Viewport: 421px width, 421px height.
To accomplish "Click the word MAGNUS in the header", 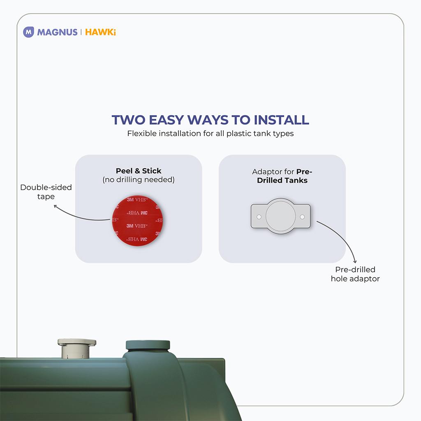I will [x=57, y=32].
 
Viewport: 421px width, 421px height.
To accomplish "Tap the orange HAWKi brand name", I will [x=100, y=32].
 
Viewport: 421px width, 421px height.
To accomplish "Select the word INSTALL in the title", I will [x=281, y=120].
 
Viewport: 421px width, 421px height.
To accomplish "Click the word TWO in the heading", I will [x=128, y=120].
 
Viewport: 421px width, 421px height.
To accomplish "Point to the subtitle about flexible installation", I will [x=210, y=134].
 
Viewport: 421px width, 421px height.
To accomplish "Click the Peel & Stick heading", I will [x=139, y=171].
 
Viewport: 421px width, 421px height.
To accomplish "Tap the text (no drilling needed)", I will [x=139, y=180].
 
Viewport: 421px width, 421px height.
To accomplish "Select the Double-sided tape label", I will [x=46, y=192].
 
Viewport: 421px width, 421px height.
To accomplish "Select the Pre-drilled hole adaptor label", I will [x=355, y=274].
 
